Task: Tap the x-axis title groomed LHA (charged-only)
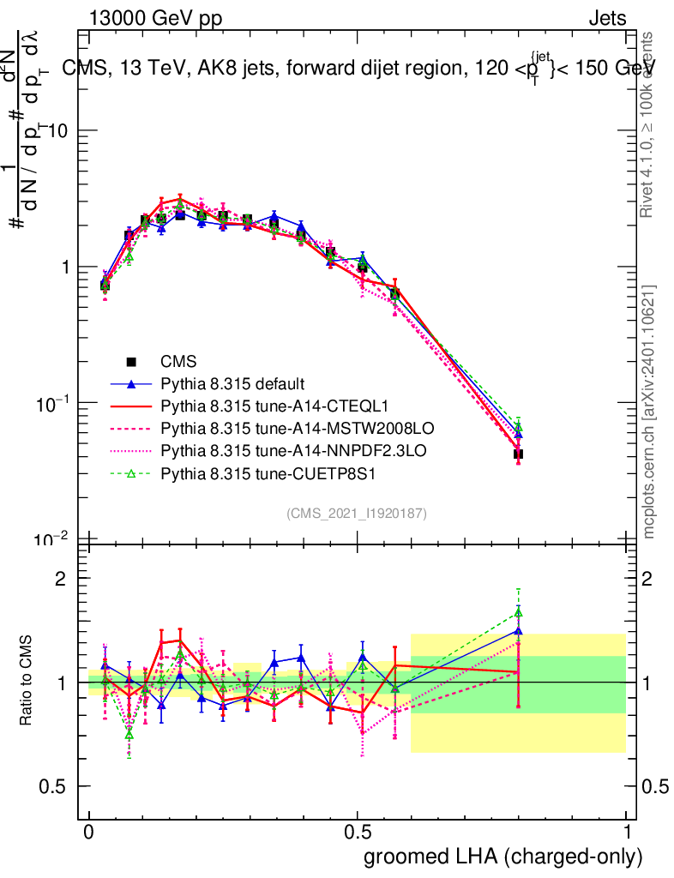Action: click(x=503, y=856)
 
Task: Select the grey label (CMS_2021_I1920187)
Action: click(x=357, y=513)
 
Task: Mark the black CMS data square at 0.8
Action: click(x=518, y=454)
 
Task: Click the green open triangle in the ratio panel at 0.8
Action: click(x=518, y=613)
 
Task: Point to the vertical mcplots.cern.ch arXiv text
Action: click(x=650, y=412)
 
